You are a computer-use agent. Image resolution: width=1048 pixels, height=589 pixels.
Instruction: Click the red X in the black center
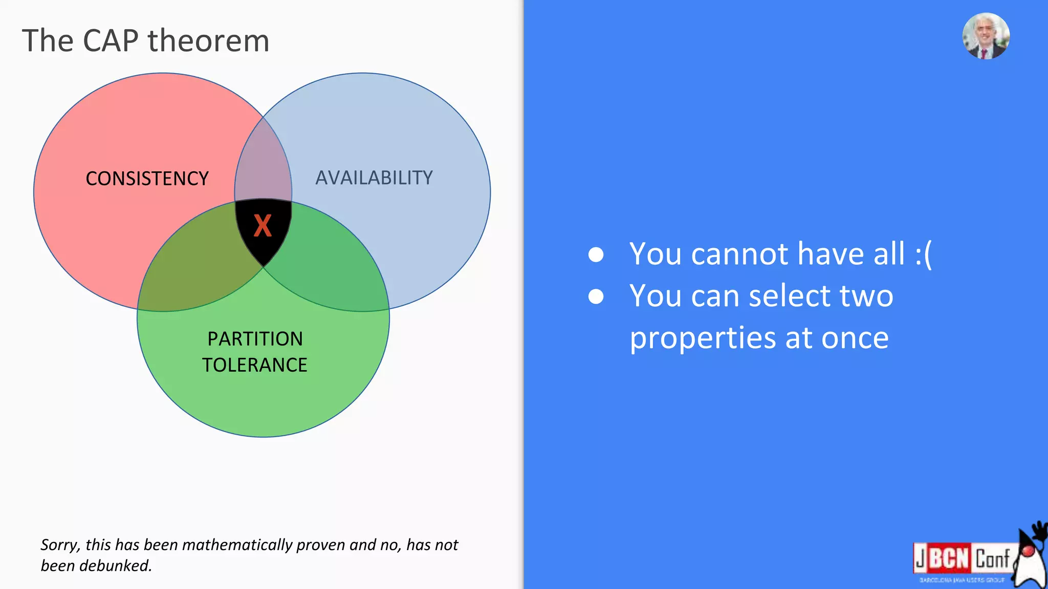[263, 225]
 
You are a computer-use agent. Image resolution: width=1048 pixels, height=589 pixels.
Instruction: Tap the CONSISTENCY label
[147, 178]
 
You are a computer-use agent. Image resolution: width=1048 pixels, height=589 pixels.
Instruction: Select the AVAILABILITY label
[374, 177]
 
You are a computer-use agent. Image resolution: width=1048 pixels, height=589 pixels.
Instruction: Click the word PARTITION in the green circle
[255, 338]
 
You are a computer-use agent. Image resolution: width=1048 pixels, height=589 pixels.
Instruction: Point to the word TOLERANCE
[254, 365]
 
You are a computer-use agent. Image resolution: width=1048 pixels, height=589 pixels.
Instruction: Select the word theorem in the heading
[208, 41]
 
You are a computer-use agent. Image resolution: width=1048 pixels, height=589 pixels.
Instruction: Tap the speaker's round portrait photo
[986, 36]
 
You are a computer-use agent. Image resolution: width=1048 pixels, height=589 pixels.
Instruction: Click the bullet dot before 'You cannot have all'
[596, 254]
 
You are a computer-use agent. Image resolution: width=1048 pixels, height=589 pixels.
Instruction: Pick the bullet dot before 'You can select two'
[596, 296]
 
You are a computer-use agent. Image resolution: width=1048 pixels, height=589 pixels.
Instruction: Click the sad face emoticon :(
[923, 254]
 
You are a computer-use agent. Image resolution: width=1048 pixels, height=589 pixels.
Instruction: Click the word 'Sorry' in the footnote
[59, 545]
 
